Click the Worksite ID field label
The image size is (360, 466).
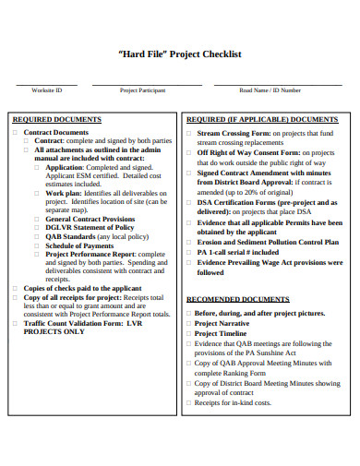tap(46, 90)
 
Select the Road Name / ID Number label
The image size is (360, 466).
tap(270, 90)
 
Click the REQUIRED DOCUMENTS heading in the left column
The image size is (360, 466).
tap(56, 120)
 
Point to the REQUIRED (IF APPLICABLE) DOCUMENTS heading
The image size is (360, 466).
tap(262, 120)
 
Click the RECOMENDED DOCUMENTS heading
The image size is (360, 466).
tap(240, 299)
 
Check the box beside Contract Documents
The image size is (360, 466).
tap(15, 133)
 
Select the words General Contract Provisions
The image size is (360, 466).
tap(90, 218)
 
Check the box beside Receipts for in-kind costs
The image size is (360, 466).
tap(188, 402)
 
